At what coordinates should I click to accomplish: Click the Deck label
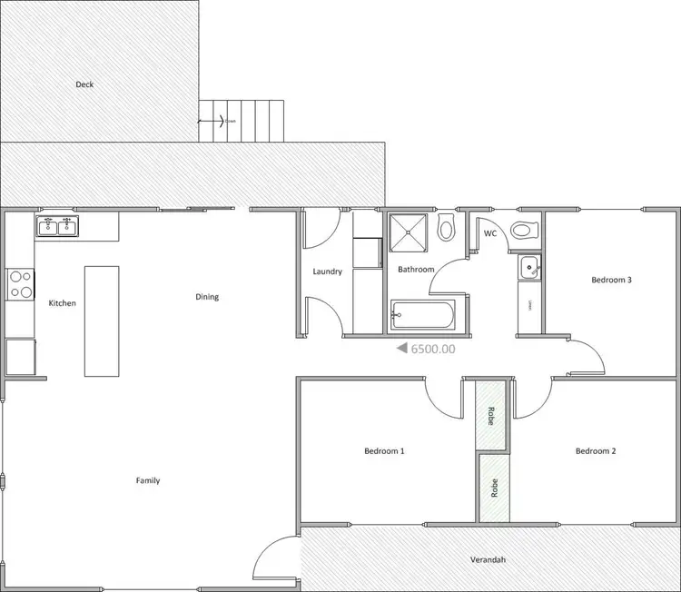pyautogui.click(x=84, y=84)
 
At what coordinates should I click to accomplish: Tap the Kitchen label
pyautogui.click(x=62, y=303)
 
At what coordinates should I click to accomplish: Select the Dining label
pyautogui.click(x=207, y=297)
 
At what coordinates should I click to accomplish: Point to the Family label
pyautogui.click(x=148, y=480)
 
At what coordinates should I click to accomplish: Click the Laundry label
pyautogui.click(x=327, y=271)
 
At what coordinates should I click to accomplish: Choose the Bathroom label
pyautogui.click(x=416, y=270)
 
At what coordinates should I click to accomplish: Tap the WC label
pyautogui.click(x=490, y=233)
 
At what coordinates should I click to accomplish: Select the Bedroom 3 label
pyautogui.click(x=611, y=281)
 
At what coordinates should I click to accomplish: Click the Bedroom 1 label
pyautogui.click(x=384, y=450)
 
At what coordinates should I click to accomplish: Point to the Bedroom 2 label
pyautogui.click(x=596, y=450)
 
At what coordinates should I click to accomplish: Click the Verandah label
pyautogui.click(x=488, y=559)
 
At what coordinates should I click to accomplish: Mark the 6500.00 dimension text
pyautogui.click(x=433, y=348)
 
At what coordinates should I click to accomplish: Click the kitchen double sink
pyautogui.click(x=57, y=226)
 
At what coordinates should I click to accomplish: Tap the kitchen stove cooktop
pyautogui.click(x=20, y=284)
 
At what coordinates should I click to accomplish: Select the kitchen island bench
pyautogui.click(x=102, y=321)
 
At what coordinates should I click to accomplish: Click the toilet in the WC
pyautogui.click(x=524, y=231)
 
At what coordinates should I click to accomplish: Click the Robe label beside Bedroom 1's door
pyautogui.click(x=491, y=415)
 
